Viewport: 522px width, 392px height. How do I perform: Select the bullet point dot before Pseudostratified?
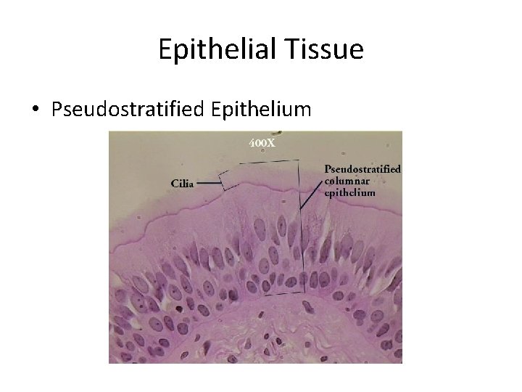36,110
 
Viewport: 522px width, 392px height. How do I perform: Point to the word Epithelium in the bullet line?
261,110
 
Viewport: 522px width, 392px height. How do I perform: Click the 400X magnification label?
262,142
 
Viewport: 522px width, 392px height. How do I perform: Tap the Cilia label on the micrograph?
183,184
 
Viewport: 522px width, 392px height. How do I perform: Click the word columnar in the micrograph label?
351,181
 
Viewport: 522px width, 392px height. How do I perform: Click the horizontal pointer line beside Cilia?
209,184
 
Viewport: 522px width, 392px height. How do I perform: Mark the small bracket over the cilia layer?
233,179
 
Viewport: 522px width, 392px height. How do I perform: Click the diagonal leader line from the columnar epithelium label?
313,197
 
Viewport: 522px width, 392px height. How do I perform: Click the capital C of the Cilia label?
175,184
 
